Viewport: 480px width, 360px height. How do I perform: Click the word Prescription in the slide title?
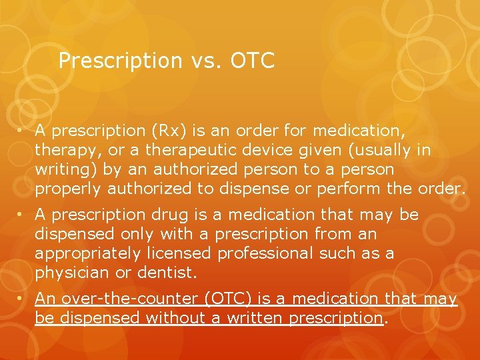[x=120, y=61]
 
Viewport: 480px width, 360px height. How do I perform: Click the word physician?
[x=72, y=273]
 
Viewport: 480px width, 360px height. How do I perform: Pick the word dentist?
[x=167, y=273]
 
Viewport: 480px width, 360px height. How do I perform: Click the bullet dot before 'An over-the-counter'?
[x=23, y=299]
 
